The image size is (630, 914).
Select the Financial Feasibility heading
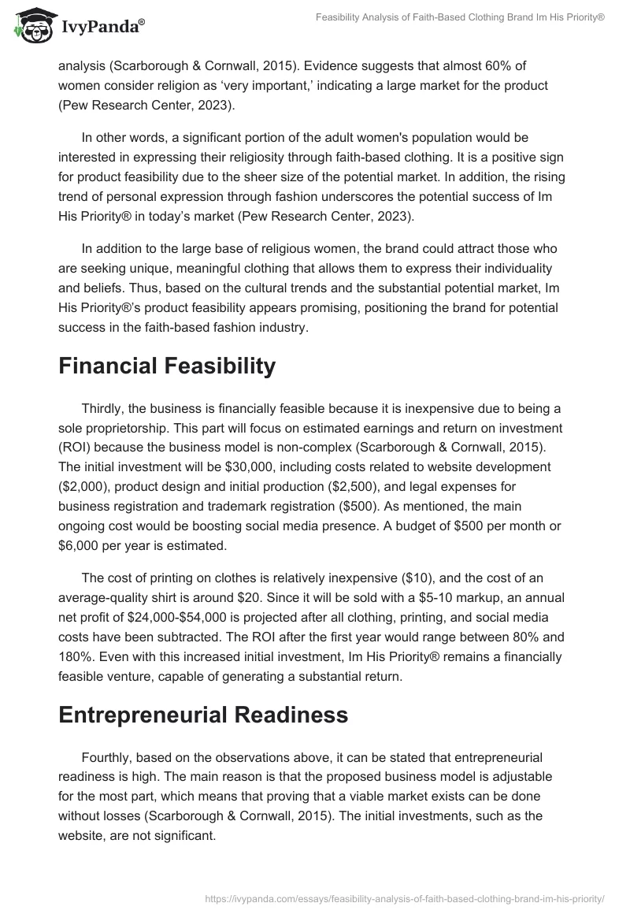point(167,366)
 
